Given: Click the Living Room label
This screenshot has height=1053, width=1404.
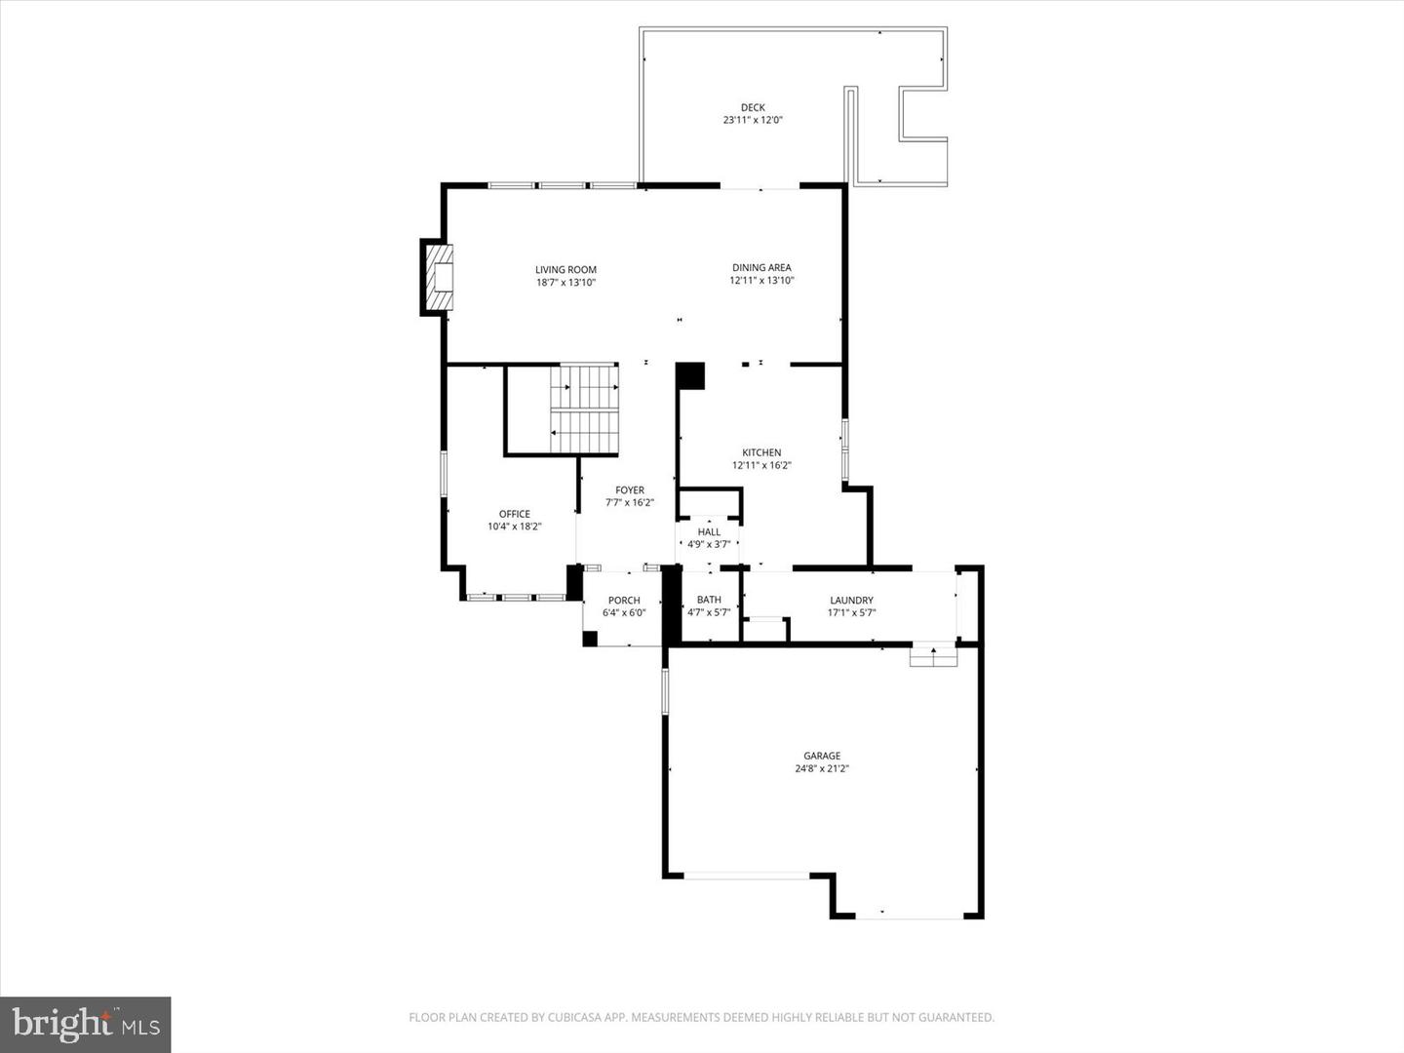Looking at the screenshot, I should pyautogui.click(x=565, y=270).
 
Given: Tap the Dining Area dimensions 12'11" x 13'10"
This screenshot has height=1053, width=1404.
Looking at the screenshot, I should pyautogui.click(x=761, y=281).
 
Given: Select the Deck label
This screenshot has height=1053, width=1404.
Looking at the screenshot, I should pyautogui.click(x=753, y=107).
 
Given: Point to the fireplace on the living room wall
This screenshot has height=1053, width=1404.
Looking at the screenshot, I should pyautogui.click(x=438, y=278).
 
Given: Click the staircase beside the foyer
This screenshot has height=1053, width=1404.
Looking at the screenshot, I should pyautogui.click(x=584, y=409).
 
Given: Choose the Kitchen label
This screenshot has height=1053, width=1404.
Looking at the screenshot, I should pyautogui.click(x=761, y=452).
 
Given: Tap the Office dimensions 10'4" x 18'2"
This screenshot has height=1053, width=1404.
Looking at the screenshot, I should pyautogui.click(x=515, y=526).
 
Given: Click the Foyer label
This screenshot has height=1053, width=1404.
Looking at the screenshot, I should pyautogui.click(x=630, y=490).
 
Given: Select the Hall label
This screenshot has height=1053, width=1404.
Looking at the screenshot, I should pyautogui.click(x=709, y=532).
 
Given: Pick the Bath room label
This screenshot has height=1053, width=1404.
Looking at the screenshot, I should pyautogui.click(x=709, y=600).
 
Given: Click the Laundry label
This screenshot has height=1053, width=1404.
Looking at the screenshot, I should pyautogui.click(x=851, y=601).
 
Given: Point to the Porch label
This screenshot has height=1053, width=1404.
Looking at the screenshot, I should pyautogui.click(x=624, y=601).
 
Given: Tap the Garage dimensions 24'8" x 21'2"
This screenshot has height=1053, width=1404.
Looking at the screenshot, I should pyautogui.click(x=822, y=768).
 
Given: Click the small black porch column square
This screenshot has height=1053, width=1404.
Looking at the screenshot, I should pyautogui.click(x=590, y=639).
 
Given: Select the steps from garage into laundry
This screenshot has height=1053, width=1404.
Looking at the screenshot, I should pyautogui.click(x=933, y=657).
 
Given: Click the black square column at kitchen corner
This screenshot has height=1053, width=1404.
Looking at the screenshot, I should pyautogui.click(x=690, y=376).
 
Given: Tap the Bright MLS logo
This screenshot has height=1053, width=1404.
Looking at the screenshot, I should pyautogui.click(x=86, y=1024).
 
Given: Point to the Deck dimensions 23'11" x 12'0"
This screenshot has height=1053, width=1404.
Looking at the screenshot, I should pyautogui.click(x=753, y=121).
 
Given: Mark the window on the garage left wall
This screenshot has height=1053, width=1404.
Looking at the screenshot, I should pyautogui.click(x=666, y=691).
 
